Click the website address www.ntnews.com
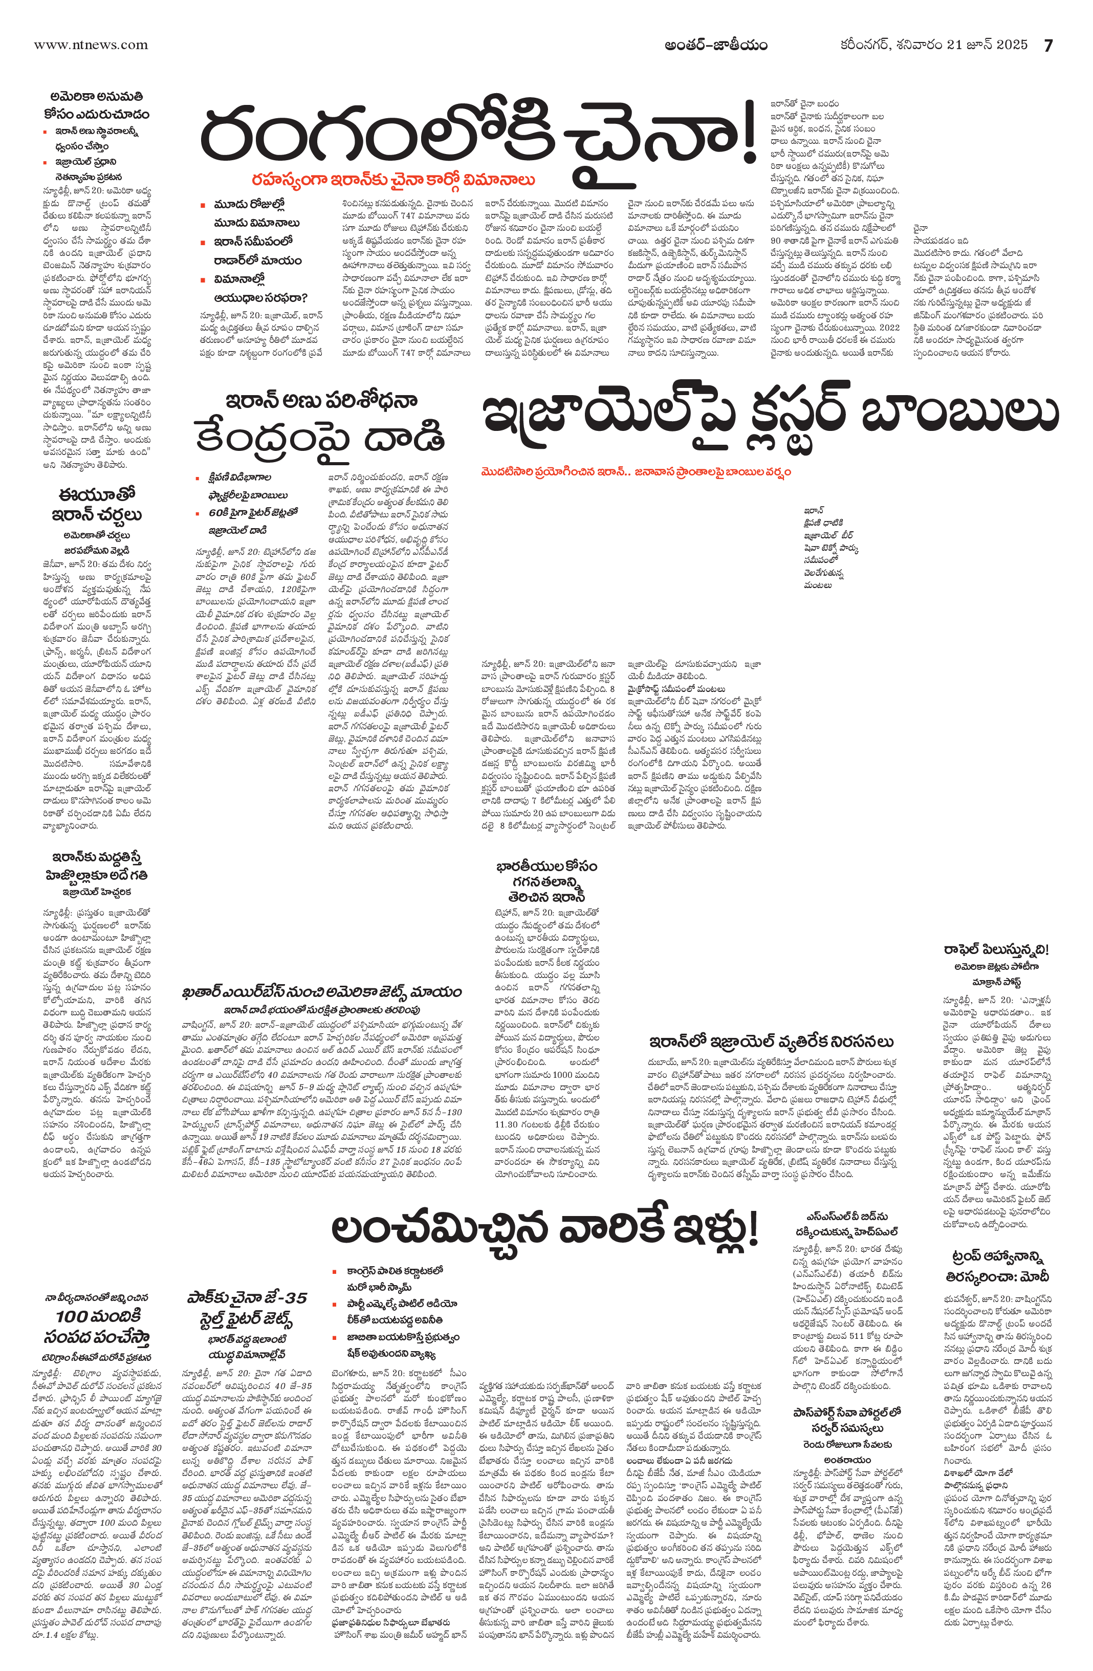[91, 45]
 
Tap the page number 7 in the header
[1049, 45]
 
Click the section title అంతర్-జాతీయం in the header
[716, 45]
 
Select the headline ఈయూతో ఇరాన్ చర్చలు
[96, 505]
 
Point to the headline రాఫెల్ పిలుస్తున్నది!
[995, 950]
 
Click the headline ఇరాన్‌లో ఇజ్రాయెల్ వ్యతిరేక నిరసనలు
[771, 1040]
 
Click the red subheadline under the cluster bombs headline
[636, 472]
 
